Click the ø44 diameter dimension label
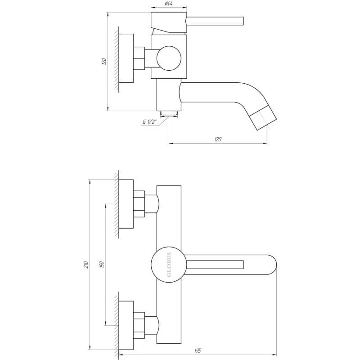169,4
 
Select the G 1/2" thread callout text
149,121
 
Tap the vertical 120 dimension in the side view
104,61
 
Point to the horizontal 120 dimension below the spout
218,139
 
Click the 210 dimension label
86,265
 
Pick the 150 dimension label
102,265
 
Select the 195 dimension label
198,351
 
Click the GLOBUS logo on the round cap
169,265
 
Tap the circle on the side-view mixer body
169,58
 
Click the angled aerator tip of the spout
263,118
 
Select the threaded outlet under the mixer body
169,113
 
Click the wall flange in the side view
126,58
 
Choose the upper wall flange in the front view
126,204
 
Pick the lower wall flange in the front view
126,325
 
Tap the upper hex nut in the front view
139,204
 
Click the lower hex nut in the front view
139,325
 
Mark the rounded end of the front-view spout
272,265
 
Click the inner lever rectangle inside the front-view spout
215,265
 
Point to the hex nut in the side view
139,58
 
